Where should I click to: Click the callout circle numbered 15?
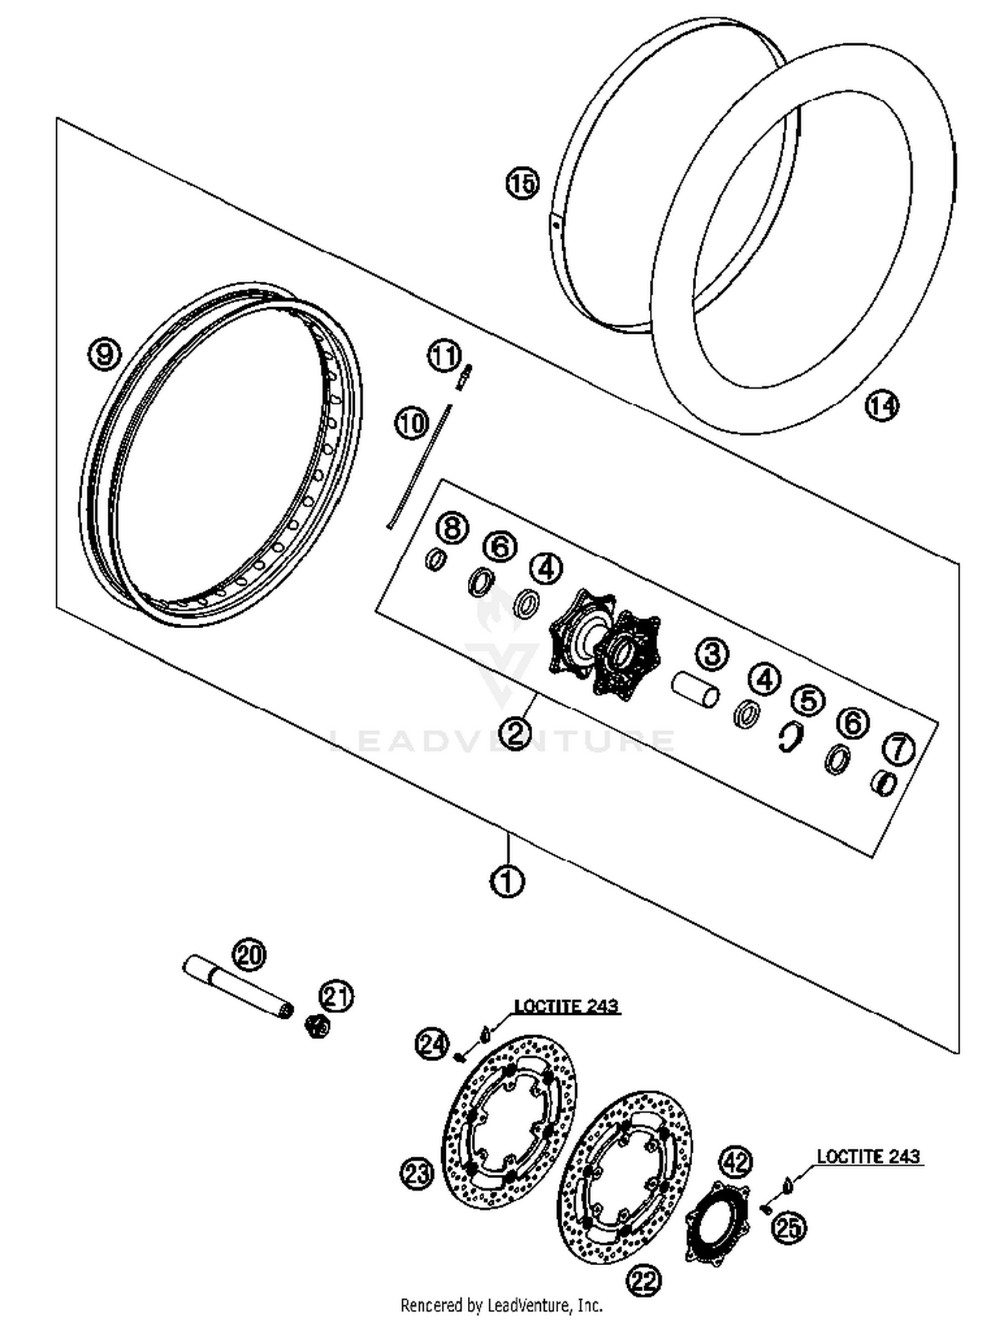click(x=522, y=183)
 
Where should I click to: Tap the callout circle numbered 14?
click(x=882, y=405)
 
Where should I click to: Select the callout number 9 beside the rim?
click(x=104, y=353)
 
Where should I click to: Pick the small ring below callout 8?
click(x=436, y=559)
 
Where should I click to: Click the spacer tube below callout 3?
click(x=695, y=689)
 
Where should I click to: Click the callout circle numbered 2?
click(x=515, y=733)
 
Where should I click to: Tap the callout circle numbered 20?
click(x=249, y=955)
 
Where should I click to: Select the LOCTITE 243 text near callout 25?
click(x=868, y=1155)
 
